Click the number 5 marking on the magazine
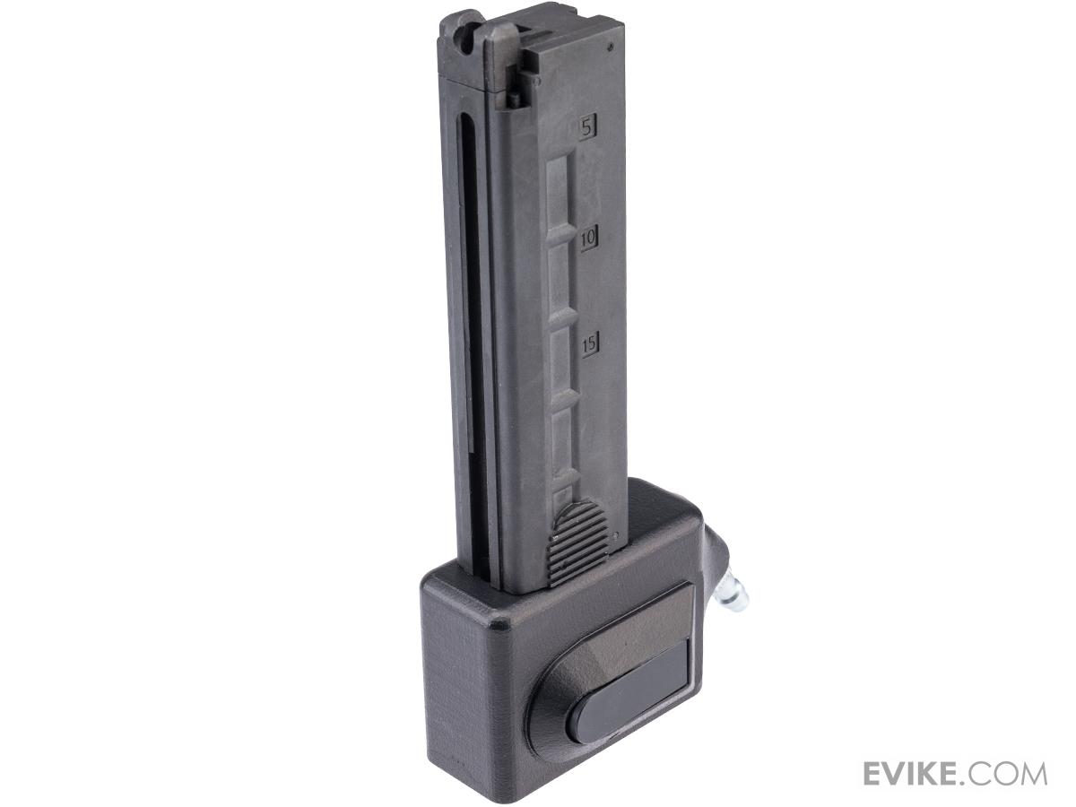point(588,128)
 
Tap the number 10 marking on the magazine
point(589,239)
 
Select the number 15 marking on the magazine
point(589,343)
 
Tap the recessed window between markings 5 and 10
point(560,188)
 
